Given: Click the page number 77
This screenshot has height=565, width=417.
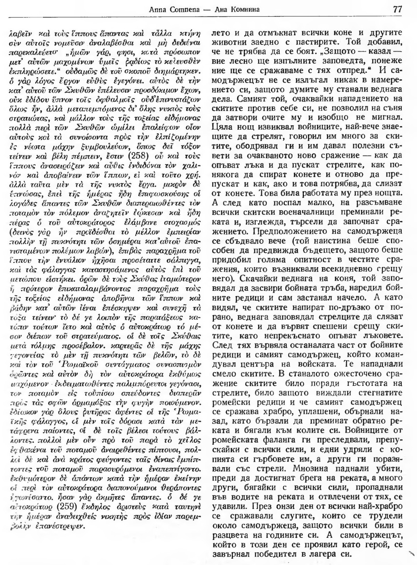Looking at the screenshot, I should coord(397,9).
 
